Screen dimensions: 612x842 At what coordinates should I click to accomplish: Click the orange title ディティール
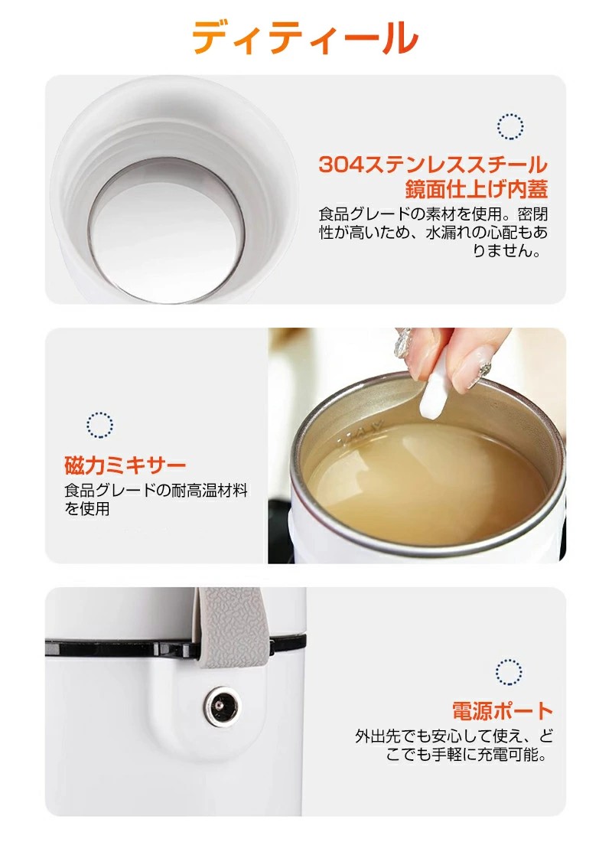[305, 37]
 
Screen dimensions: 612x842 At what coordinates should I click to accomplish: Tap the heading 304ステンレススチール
[433, 165]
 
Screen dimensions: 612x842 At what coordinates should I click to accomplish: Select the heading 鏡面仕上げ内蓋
[476, 189]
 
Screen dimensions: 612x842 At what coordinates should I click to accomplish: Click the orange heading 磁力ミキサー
[125, 465]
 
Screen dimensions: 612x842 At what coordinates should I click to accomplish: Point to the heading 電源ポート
[502, 711]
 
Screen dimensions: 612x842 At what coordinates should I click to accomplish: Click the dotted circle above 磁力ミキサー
[100, 425]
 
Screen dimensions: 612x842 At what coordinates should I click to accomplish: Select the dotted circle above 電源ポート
[509, 672]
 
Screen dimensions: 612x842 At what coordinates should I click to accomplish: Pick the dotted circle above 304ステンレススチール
[510, 127]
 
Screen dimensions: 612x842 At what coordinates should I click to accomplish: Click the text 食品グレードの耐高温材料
[156, 490]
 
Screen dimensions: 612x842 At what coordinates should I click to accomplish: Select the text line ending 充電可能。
[467, 755]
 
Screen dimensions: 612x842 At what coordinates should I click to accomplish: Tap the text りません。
[506, 250]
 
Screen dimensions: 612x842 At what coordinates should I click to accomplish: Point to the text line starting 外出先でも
[454, 735]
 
